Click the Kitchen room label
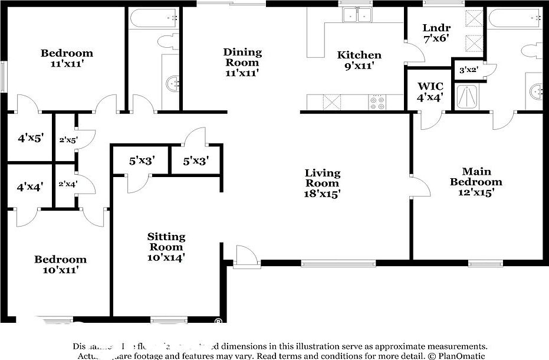point(359,55)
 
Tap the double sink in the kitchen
point(358,15)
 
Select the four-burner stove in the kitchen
point(377,103)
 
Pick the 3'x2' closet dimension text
point(469,70)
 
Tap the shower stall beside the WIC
point(467,97)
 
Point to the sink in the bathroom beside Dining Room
point(172,83)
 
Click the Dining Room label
point(242,57)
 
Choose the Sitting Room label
point(166,241)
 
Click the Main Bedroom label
point(476,176)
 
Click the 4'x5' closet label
point(30,138)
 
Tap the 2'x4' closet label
point(68,184)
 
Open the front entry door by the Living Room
point(245,257)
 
